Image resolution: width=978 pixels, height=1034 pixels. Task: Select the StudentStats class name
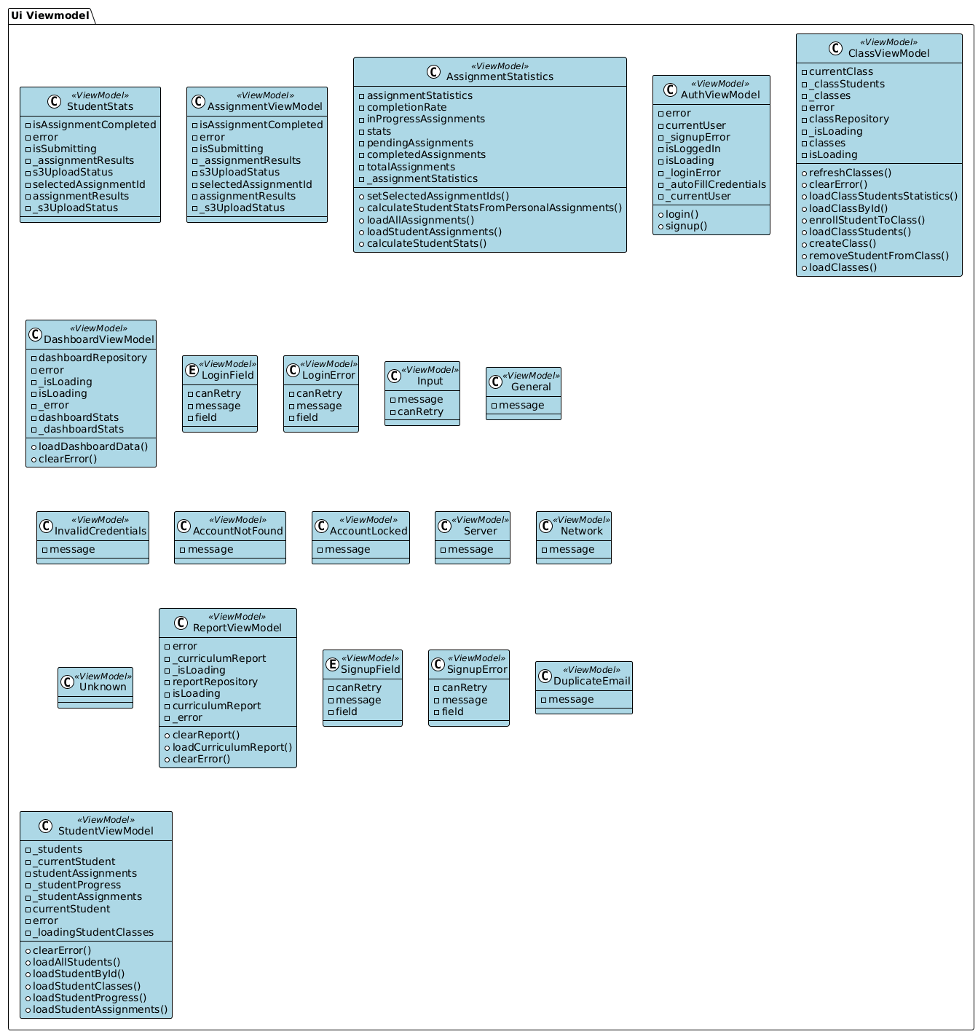[x=105, y=106]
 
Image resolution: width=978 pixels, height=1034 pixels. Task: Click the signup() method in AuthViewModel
[x=685, y=226]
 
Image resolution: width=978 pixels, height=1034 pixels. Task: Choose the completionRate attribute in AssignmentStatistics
[x=406, y=107]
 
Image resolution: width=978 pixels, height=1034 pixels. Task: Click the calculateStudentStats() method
[x=427, y=243]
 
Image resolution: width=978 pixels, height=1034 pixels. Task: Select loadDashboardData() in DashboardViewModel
[x=92, y=446]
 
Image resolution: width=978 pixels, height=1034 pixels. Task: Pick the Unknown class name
[x=103, y=687]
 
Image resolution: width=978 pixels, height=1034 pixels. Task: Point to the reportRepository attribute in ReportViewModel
[x=215, y=682]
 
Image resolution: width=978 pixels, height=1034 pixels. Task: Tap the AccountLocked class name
[x=368, y=531]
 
